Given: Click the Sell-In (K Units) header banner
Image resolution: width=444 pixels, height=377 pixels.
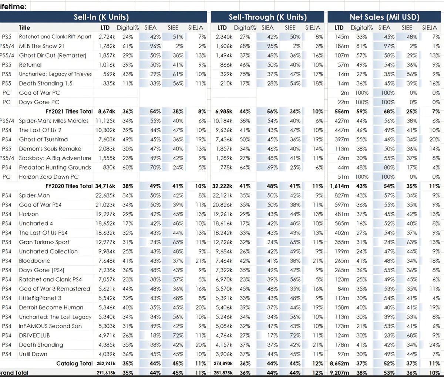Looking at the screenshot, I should pos(101,17).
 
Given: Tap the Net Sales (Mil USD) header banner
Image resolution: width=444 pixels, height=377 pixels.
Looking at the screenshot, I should pos(384,17).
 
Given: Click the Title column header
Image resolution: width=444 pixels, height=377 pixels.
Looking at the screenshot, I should pos(24,28).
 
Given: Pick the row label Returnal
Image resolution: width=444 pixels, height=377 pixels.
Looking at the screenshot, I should pos(30,65).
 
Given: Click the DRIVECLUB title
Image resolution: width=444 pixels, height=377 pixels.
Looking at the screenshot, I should pos(34,336).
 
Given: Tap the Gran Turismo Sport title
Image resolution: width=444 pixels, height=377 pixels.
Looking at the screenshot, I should pos(44,242).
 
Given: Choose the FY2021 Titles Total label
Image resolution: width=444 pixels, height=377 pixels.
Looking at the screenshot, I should pos(69,111).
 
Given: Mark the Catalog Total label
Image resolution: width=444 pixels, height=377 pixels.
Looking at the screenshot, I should pos(74,364).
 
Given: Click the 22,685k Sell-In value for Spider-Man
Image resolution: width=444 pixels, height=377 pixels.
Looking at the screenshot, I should pos(105,195).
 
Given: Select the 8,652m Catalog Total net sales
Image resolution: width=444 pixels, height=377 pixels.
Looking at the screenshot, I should pos(339,364).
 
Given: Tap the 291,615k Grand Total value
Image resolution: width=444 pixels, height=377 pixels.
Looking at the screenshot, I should pos(105,373).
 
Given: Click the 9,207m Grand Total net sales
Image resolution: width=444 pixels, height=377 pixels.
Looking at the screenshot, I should pos(339,373).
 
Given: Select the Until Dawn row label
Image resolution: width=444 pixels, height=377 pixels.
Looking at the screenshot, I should pos(33,354).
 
